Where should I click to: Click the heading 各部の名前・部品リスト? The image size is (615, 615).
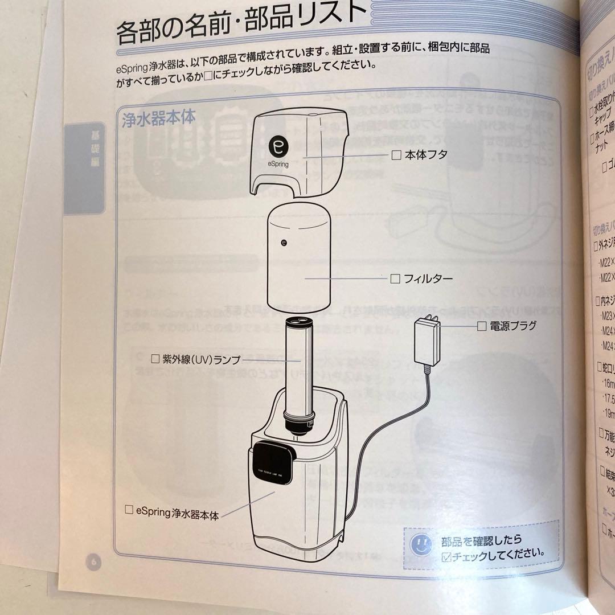pos(239,28)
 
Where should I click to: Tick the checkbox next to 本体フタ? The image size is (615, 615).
pos(396,154)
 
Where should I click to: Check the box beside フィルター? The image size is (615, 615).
pos(395,278)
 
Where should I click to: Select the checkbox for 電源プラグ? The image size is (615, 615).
pos(481,326)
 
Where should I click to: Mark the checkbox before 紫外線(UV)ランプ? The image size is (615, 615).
pos(155,359)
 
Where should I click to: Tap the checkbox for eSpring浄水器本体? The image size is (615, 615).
pos(129,510)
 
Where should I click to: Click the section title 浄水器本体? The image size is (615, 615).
pos(159,118)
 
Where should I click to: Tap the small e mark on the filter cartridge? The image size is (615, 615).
pos(284,241)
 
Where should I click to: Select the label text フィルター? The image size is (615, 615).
pos(428,278)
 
